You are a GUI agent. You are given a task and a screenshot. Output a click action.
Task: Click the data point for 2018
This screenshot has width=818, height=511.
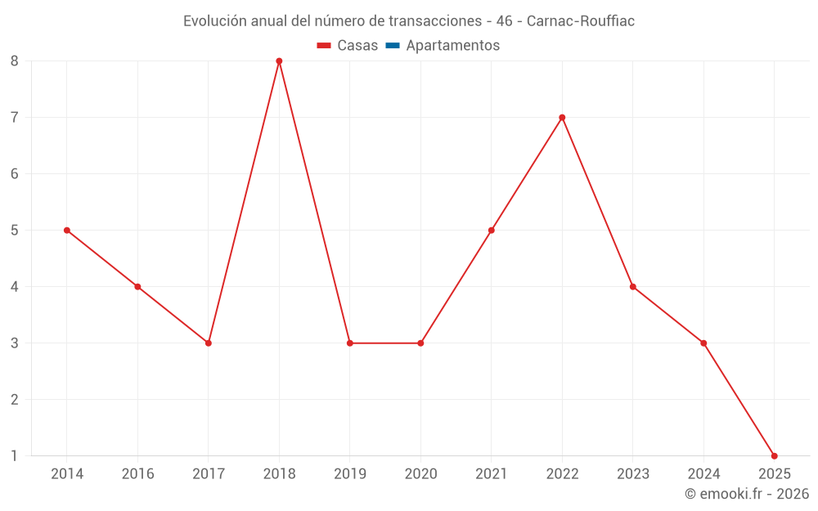279,61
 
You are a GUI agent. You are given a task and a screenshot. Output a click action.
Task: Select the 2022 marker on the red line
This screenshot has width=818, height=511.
562,118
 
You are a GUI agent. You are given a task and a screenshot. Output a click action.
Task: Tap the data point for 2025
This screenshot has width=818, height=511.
774,455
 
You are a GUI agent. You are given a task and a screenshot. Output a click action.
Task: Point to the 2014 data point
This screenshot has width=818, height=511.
67,231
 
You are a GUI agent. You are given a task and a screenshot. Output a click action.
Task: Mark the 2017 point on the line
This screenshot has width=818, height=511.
209,343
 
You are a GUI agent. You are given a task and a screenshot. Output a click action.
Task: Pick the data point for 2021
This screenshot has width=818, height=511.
492,231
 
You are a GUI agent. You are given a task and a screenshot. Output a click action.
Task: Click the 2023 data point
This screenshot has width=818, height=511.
633,287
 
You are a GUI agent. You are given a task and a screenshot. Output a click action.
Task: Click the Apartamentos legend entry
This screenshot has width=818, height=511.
452,46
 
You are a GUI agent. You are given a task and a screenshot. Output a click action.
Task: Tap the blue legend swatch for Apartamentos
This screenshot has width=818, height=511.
392,46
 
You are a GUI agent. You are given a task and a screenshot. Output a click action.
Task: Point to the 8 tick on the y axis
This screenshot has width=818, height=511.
15,61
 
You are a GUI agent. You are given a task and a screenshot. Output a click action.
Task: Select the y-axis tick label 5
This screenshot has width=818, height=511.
15,231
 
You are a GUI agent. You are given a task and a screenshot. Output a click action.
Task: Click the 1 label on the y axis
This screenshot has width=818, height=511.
15,455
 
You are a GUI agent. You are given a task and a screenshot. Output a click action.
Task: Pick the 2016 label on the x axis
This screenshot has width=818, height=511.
137,474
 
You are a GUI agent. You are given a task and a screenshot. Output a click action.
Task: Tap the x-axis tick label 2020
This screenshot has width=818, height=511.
420,474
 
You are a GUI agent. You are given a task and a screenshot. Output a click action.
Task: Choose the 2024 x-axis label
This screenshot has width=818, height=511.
703,474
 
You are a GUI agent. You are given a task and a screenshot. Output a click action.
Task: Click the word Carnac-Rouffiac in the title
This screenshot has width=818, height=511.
581,21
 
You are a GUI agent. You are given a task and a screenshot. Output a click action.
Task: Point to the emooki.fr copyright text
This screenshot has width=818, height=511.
747,494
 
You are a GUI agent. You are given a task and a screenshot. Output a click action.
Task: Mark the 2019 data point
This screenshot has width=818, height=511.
350,343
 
